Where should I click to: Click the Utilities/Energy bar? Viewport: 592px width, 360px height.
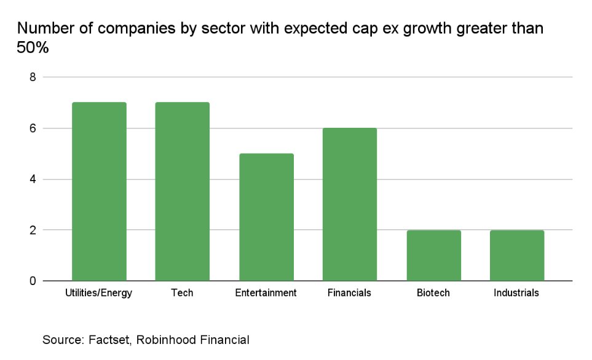99,192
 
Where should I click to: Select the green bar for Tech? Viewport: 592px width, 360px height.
182,192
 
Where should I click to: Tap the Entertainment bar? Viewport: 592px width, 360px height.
266,217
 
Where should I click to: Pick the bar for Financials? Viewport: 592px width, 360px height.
349,205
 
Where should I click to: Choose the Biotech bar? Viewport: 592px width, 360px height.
433,256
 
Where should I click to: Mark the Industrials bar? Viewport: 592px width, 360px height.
516,256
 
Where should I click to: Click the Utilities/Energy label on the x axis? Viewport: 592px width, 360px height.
99,293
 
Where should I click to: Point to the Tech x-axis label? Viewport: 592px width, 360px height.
182,293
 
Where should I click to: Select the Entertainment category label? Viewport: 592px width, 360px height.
266,293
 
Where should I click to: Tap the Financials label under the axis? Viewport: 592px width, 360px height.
349,293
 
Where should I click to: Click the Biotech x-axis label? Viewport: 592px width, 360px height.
433,293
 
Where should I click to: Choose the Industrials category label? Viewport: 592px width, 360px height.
516,293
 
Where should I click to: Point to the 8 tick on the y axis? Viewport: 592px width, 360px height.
32,77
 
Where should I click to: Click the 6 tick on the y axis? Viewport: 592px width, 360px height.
32,128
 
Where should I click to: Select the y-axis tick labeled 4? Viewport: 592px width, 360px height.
32,179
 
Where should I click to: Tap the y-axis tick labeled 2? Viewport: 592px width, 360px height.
32,230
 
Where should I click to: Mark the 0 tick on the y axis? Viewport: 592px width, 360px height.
32,281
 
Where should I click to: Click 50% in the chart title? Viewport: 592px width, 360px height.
32,48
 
